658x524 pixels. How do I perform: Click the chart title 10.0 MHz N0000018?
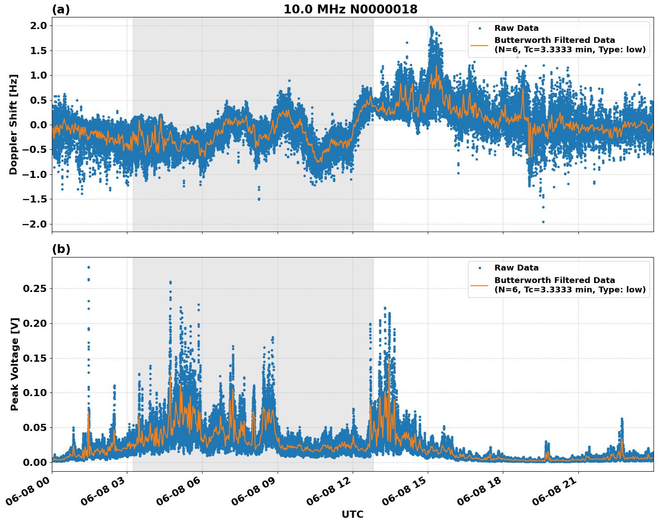click(x=350, y=9)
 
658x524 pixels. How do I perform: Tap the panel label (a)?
click(x=61, y=9)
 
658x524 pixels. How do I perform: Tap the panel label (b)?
click(x=61, y=249)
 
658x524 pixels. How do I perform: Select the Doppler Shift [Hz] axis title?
click(x=13, y=124)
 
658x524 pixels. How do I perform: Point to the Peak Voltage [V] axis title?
click(x=15, y=364)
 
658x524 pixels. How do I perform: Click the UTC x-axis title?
click(x=352, y=514)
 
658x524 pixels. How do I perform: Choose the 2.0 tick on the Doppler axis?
click(x=38, y=25)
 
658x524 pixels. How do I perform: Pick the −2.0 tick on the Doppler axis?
click(x=35, y=224)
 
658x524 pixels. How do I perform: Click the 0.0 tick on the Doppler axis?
click(x=38, y=125)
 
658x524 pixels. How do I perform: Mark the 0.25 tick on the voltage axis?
click(x=35, y=288)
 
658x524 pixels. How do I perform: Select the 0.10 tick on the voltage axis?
click(x=35, y=393)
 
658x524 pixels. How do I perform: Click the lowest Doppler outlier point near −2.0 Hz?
click(x=543, y=222)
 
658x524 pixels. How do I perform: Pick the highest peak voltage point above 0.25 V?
click(x=89, y=267)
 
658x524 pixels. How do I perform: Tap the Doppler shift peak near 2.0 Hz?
click(x=431, y=27)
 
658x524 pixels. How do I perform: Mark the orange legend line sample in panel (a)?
click(x=479, y=45)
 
